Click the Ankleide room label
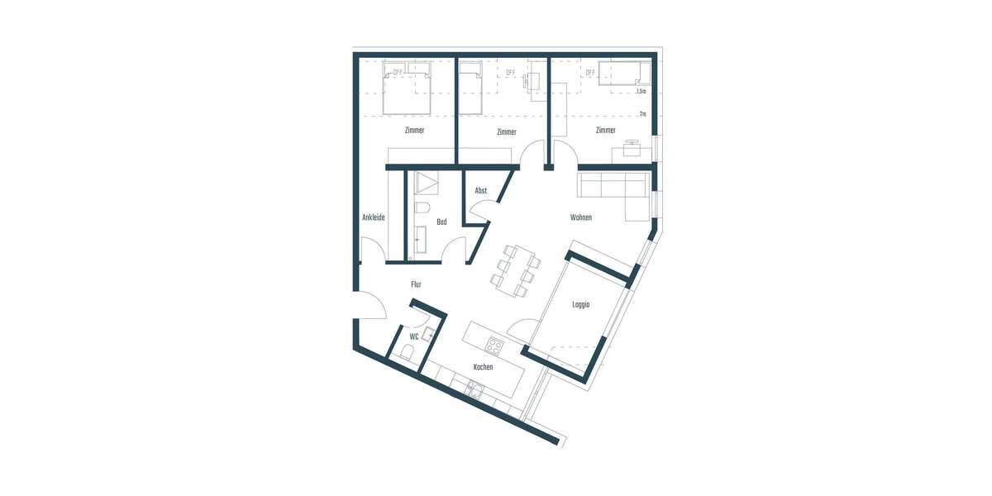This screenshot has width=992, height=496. point(374,217)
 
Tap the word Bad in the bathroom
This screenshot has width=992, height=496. point(441,222)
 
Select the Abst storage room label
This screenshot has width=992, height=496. point(480,191)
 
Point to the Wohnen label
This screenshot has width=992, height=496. point(581,217)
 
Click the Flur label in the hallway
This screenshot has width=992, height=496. point(416,284)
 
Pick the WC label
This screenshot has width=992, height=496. point(413,336)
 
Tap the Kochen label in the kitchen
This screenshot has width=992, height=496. point(483,367)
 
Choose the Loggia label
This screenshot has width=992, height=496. point(580,305)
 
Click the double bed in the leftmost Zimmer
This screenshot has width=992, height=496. point(408,91)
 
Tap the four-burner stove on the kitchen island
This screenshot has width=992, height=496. point(494,345)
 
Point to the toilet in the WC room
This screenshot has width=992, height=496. point(405,352)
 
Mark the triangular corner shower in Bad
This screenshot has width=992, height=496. point(428,182)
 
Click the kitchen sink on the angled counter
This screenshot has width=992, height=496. point(475,389)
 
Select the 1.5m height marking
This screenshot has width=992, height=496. point(641,91)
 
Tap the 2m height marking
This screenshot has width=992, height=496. point(642,114)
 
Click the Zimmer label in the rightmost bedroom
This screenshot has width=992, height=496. point(605,131)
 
